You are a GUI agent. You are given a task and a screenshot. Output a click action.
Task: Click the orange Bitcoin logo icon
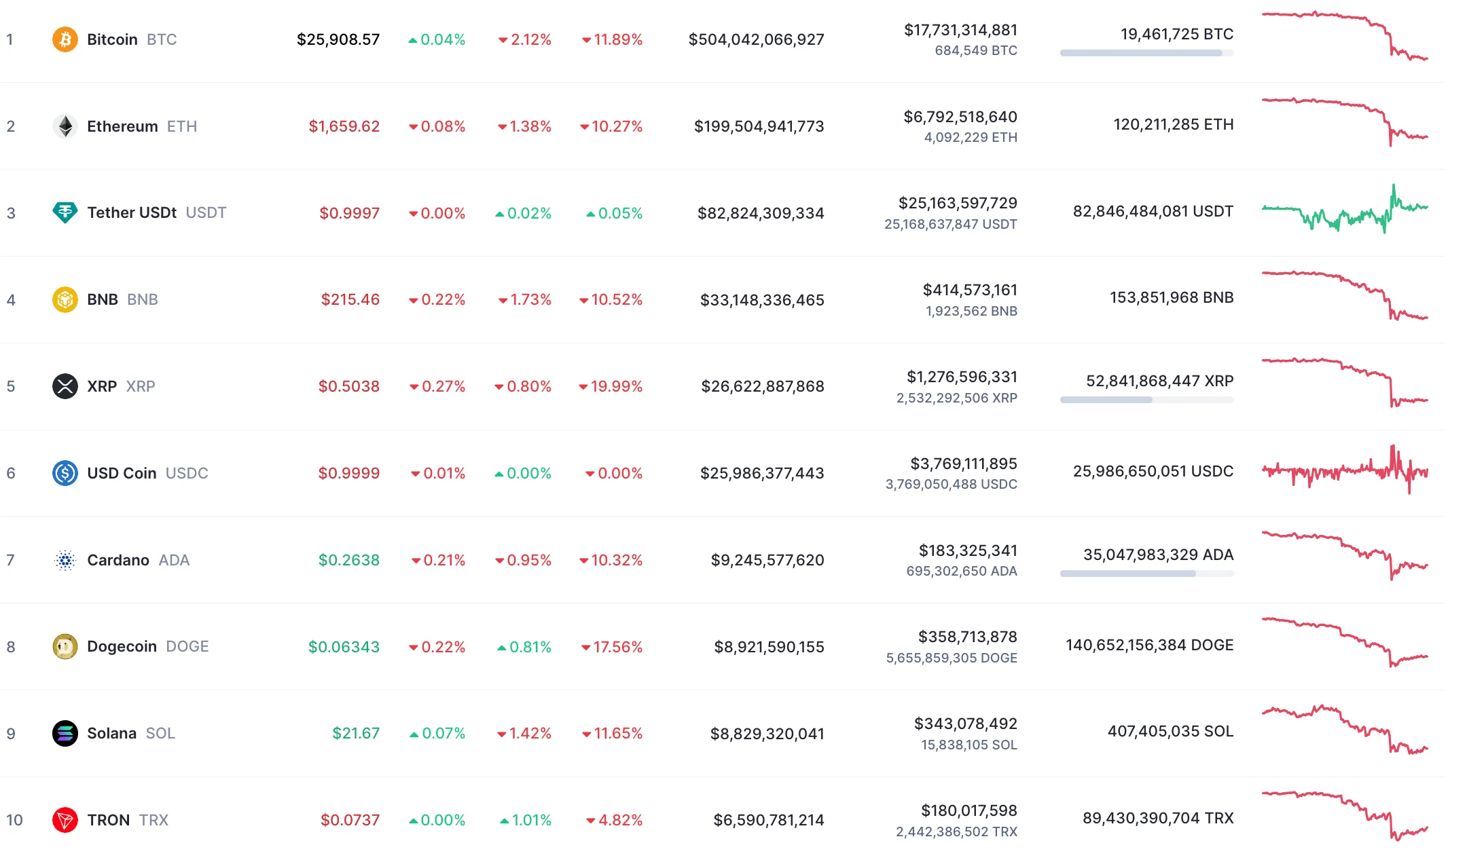(65, 39)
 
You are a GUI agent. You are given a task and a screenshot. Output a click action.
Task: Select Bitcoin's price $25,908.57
(338, 39)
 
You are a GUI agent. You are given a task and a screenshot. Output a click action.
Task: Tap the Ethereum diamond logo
(65, 126)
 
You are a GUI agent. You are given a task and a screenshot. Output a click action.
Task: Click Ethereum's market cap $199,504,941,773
(759, 126)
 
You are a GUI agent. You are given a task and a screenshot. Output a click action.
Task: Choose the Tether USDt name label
(132, 212)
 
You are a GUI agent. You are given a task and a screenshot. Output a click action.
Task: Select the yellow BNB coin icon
(65, 299)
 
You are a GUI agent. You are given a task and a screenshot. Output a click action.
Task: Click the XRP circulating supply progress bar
(1146, 400)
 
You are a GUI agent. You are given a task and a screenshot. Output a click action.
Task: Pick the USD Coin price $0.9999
(348, 473)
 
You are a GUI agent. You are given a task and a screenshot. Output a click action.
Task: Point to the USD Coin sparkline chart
(1345, 470)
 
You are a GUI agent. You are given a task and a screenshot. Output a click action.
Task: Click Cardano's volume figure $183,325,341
(968, 551)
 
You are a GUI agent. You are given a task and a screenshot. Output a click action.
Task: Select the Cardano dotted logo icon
(65, 560)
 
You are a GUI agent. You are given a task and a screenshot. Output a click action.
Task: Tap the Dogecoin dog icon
(65, 646)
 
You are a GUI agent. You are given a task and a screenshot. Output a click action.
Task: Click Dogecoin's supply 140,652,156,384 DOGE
(1149, 645)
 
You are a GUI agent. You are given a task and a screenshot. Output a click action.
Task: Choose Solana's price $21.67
(355, 733)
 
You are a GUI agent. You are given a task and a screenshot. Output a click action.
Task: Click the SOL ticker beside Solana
(160, 733)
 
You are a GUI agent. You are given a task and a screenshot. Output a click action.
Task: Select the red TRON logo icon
(65, 820)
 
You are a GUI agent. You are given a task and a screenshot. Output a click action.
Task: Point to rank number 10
(14, 820)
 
